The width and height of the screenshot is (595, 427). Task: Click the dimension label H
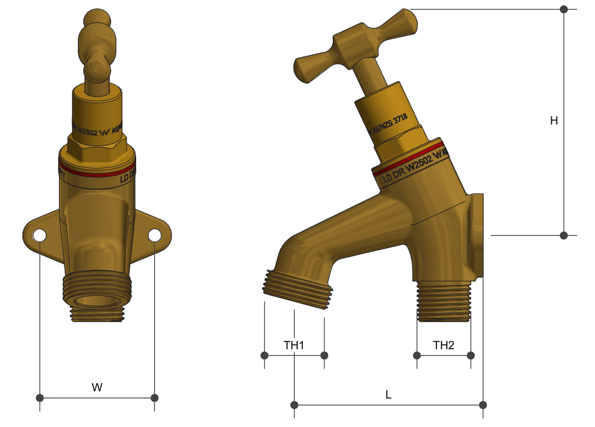tap(554, 121)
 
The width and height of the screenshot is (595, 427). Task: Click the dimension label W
tap(97, 387)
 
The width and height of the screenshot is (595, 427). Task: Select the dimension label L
tap(389, 394)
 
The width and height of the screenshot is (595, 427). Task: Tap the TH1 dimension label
tap(294, 346)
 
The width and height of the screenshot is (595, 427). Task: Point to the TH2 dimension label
tap(444, 346)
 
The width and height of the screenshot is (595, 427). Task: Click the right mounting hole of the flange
tap(154, 235)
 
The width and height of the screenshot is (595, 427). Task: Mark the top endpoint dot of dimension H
tap(563, 9)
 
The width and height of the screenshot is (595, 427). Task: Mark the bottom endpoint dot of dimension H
tap(563, 235)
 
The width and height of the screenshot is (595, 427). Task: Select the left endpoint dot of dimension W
tap(40, 397)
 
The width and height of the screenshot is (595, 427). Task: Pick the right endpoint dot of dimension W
tap(155, 397)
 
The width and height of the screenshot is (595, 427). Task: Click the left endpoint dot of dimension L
tap(294, 405)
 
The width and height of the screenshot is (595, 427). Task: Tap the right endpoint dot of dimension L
tap(483, 405)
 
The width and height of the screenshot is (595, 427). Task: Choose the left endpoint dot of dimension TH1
tap(264, 355)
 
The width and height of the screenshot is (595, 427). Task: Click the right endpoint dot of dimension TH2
tap(471, 355)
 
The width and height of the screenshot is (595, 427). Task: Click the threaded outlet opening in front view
tap(97, 304)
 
